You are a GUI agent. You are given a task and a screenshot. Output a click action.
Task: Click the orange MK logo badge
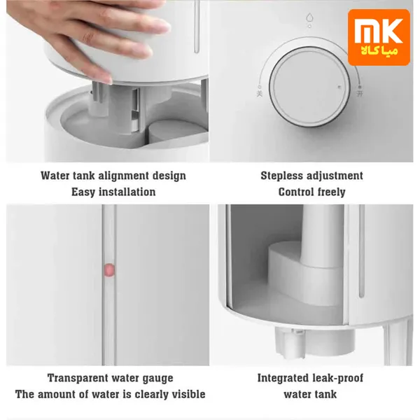(x=379, y=37)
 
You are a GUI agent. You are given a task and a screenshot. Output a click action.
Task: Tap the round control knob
(x=309, y=87)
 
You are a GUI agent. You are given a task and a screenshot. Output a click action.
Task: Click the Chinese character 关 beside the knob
(x=260, y=94)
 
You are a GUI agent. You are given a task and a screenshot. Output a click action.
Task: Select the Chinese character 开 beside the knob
(x=360, y=94)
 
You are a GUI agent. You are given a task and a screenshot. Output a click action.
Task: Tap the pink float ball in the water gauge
(x=109, y=269)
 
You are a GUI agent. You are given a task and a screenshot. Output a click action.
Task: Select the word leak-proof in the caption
(x=339, y=378)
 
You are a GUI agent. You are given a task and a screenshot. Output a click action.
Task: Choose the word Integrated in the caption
(x=283, y=378)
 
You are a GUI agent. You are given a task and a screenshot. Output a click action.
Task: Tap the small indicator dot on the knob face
(x=339, y=87)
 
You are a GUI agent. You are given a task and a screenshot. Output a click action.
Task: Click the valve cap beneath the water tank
(x=315, y=343)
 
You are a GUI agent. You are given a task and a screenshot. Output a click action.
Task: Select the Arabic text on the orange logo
(x=379, y=51)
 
